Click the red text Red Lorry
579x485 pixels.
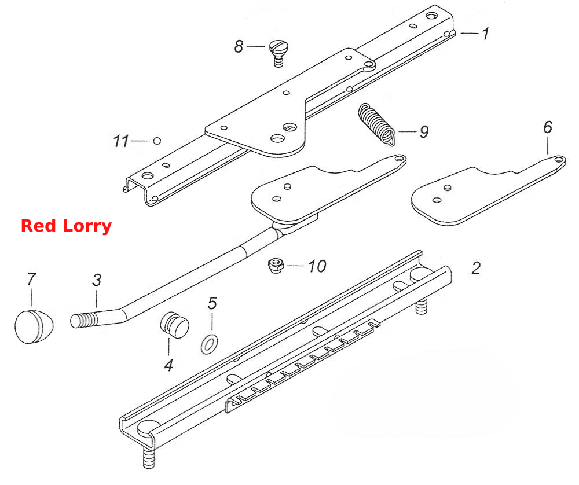click(x=66, y=226)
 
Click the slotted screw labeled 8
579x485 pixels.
click(x=278, y=53)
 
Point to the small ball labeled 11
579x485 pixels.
click(x=157, y=141)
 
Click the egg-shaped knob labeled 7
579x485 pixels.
click(x=34, y=327)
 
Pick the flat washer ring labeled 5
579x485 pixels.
click(x=209, y=344)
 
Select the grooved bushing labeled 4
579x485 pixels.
click(x=175, y=325)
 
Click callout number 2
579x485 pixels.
click(x=476, y=268)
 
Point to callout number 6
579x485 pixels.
click(x=548, y=127)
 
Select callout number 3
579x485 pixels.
click(x=97, y=280)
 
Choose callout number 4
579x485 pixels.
click(x=168, y=365)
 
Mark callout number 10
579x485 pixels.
click(x=317, y=266)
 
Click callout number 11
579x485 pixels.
click(x=121, y=141)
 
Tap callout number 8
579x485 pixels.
click(x=239, y=46)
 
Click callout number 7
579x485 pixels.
click(x=31, y=279)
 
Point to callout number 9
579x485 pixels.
click(x=424, y=131)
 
